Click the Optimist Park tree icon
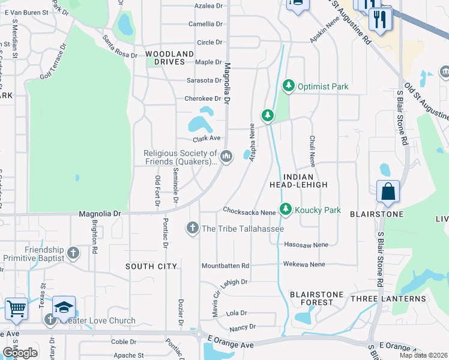point(289,86)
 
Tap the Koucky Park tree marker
point(286,209)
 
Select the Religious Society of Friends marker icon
point(226,157)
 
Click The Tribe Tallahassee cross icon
point(193,228)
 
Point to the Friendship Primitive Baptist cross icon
point(73,253)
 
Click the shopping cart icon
point(16,308)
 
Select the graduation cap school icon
point(64,307)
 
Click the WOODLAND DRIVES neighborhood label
point(170,58)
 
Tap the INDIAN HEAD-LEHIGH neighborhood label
point(298,180)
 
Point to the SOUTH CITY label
point(151,266)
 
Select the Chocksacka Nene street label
point(249,211)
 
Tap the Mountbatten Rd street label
point(225,265)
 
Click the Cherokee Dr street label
point(202,98)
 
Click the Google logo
point(20,352)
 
